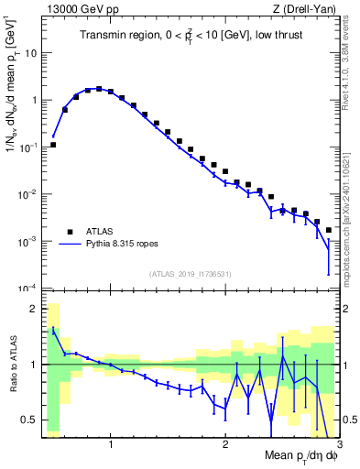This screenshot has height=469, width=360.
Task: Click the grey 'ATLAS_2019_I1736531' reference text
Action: (188, 274)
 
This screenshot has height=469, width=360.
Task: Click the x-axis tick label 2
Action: (224, 446)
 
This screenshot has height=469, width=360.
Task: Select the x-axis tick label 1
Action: (111, 446)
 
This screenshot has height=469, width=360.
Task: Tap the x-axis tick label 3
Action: (337, 446)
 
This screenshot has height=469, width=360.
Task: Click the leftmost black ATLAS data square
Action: (53, 145)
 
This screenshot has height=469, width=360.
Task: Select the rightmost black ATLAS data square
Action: (329, 230)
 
